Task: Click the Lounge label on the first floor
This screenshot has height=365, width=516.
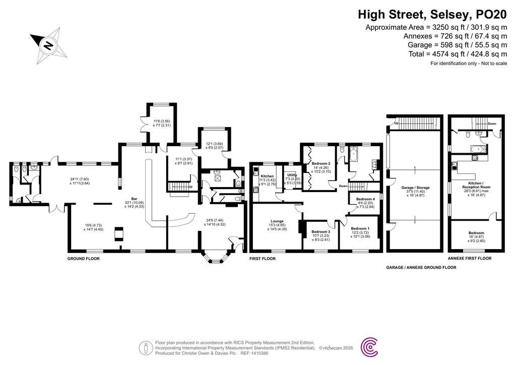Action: pyautogui.click(x=277, y=221)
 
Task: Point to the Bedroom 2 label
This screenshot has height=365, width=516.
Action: pyautogui.click(x=321, y=163)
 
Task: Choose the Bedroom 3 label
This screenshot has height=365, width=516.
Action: pyautogui.click(x=321, y=231)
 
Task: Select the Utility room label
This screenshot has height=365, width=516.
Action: pyautogui.click(x=291, y=176)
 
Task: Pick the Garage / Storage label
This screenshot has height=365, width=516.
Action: pyautogui.click(x=413, y=188)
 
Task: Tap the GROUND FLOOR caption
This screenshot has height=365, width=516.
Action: pyautogui.click(x=84, y=258)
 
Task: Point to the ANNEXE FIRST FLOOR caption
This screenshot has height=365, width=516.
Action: pyautogui.click(x=470, y=258)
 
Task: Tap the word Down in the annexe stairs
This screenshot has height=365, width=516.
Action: pyautogui.click(x=492, y=123)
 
